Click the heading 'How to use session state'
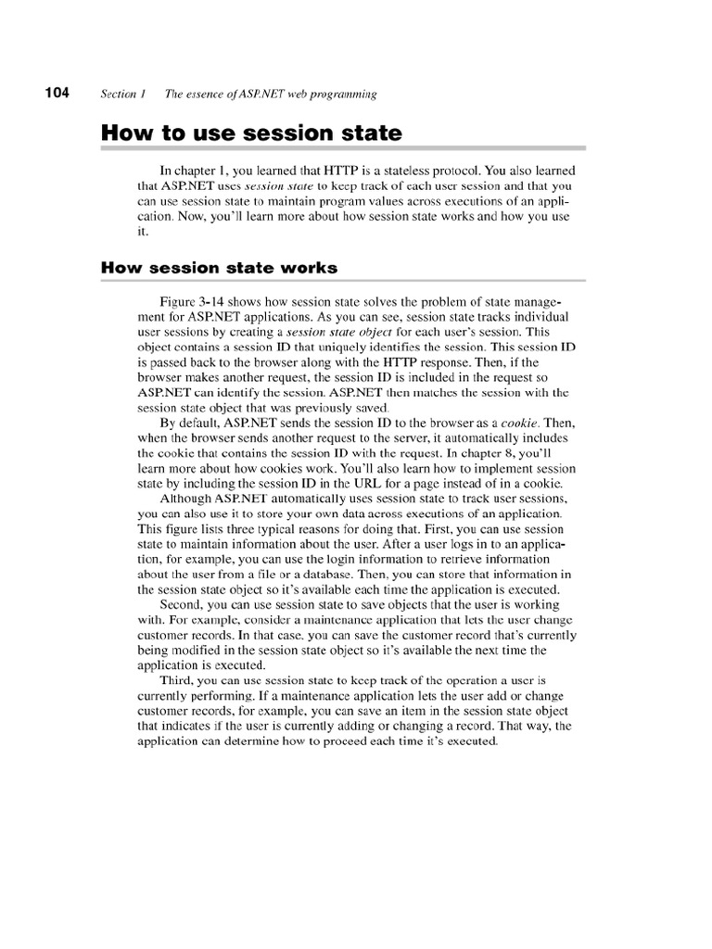[x=251, y=133]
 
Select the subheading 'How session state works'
[x=219, y=268]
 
